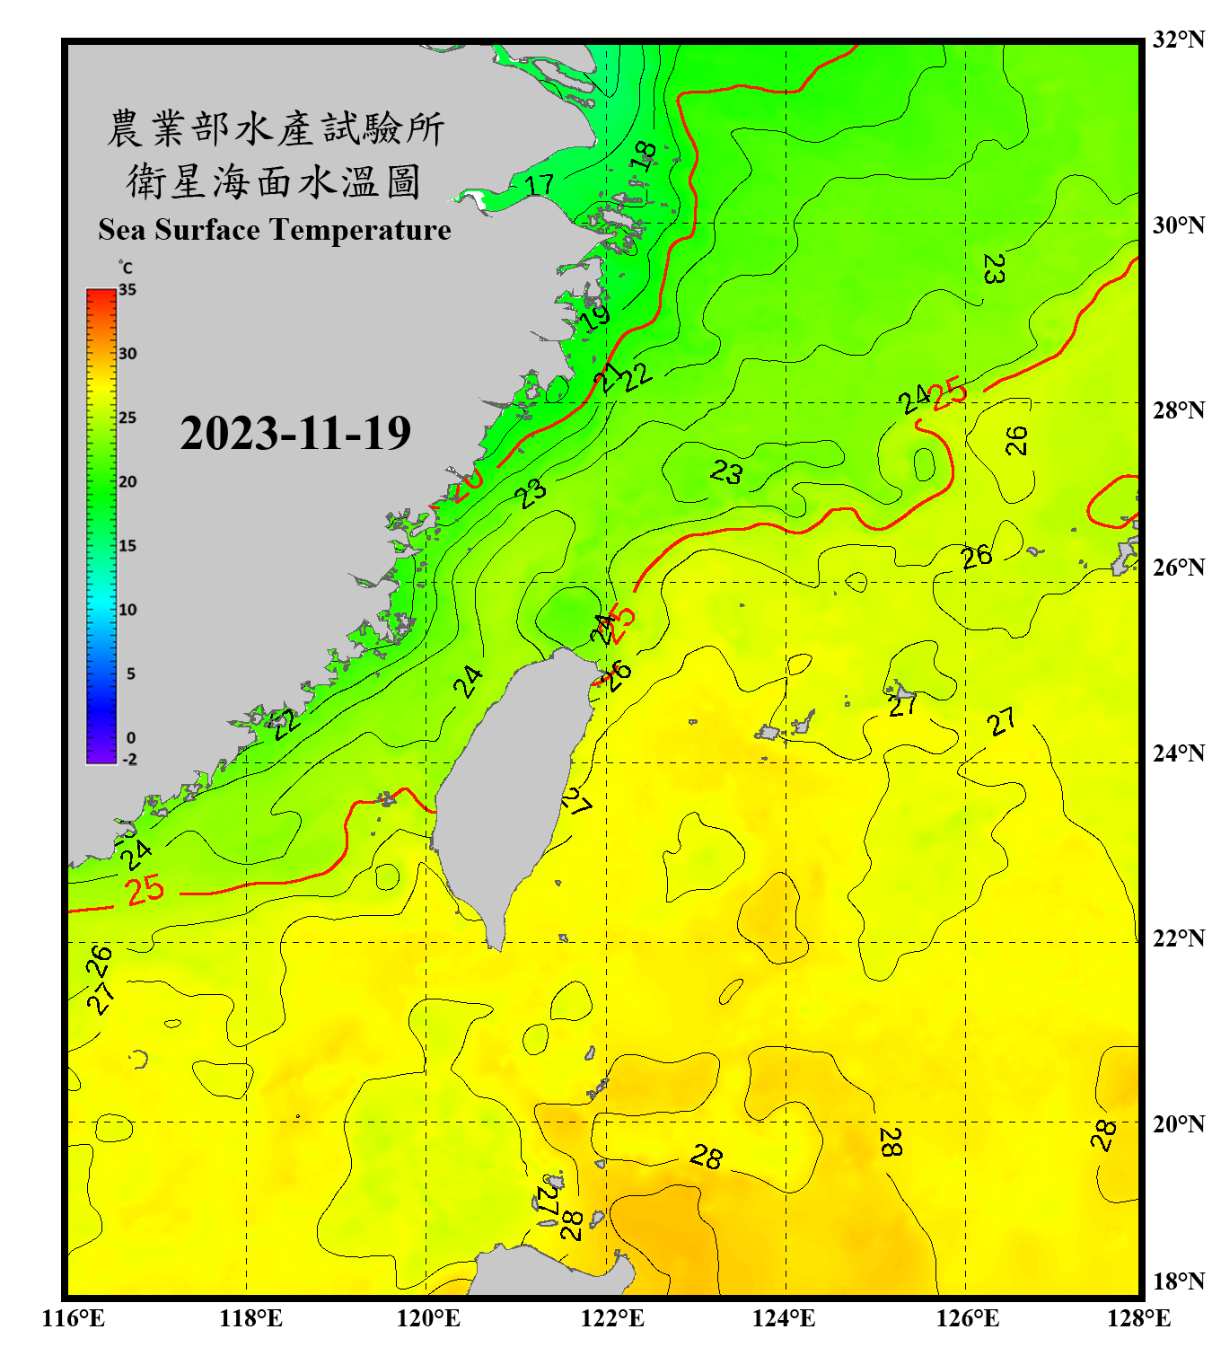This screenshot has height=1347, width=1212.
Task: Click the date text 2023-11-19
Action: click(x=295, y=434)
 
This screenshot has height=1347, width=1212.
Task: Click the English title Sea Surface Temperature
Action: click(x=275, y=230)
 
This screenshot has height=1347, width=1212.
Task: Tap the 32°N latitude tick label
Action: click(x=1178, y=40)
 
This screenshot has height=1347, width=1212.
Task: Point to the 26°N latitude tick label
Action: click(x=1178, y=568)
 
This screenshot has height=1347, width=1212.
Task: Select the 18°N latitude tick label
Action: click(x=1178, y=1281)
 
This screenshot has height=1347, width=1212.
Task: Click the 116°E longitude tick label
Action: click(x=73, y=1318)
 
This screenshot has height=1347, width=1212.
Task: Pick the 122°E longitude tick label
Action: click(x=612, y=1318)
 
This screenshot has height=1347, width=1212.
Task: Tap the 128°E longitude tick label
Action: click(x=1138, y=1318)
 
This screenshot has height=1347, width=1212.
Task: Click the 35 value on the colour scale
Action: click(x=127, y=290)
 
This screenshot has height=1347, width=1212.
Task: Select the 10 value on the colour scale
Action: click(x=127, y=610)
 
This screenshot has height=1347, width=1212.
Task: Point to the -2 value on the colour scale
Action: click(x=128, y=759)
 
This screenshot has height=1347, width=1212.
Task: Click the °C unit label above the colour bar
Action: click(x=126, y=268)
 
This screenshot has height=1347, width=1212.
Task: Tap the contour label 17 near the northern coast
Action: click(x=540, y=185)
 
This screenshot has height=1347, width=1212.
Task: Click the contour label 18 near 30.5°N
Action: click(x=644, y=156)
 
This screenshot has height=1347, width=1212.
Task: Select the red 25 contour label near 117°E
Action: click(x=145, y=890)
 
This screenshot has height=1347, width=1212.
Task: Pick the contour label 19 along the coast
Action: click(x=594, y=317)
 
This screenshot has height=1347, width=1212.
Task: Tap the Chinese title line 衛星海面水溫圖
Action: click(x=274, y=181)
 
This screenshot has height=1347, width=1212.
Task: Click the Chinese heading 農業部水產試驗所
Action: click(x=275, y=128)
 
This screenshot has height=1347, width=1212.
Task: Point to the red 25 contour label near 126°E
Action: click(x=949, y=393)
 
